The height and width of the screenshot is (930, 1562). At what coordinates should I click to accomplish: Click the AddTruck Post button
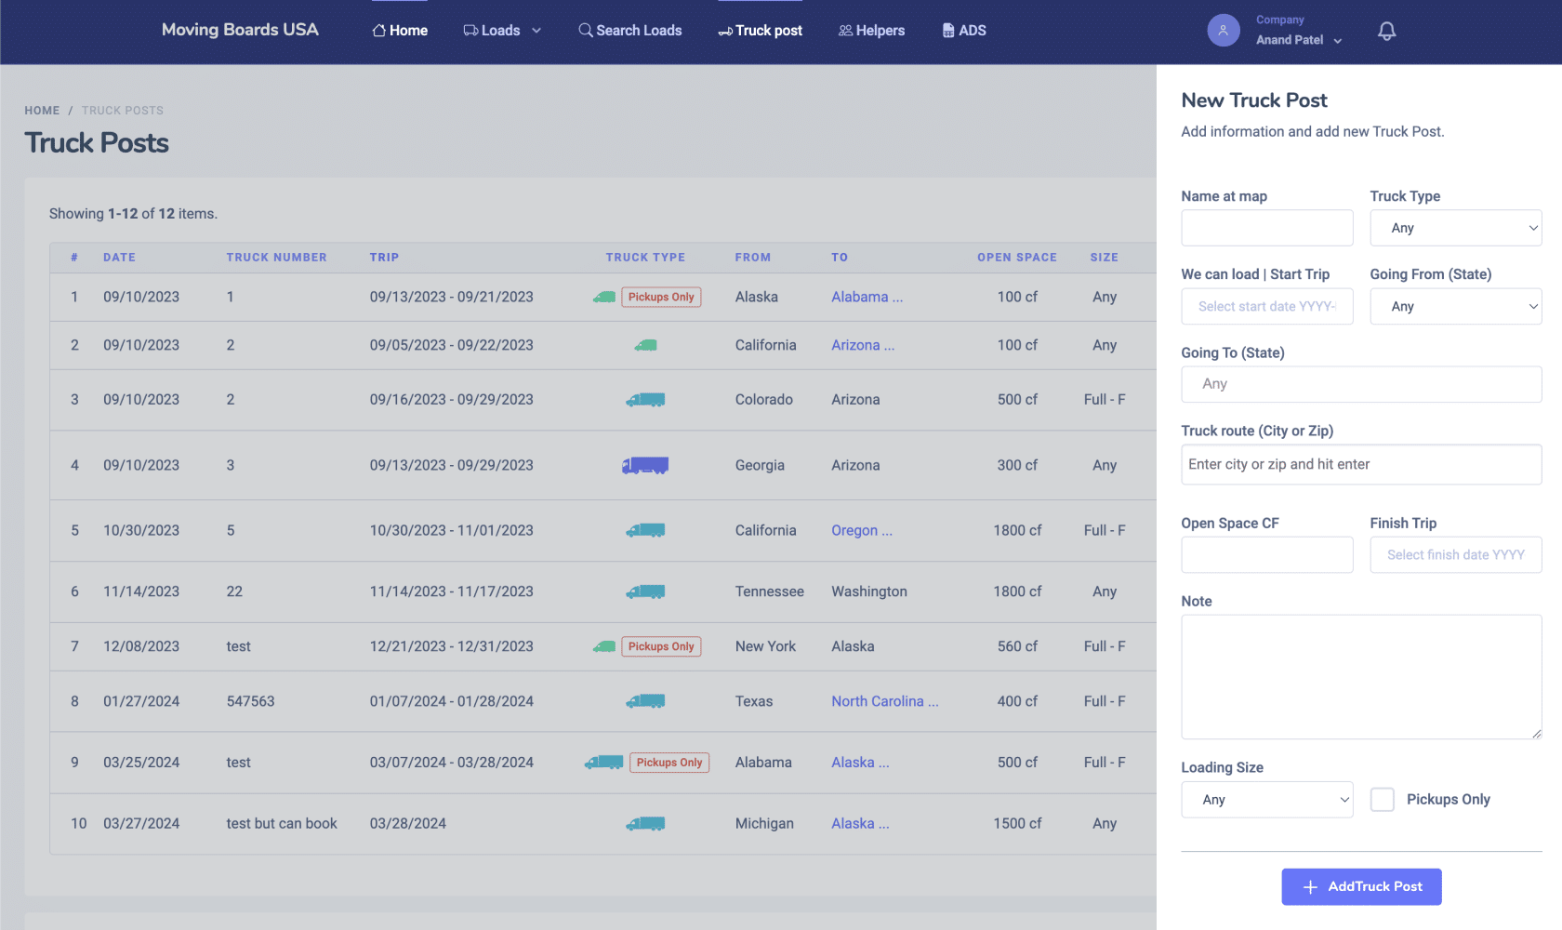1361,886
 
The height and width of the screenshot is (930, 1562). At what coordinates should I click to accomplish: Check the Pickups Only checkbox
1382,799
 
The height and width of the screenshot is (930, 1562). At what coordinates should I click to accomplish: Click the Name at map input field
1267,228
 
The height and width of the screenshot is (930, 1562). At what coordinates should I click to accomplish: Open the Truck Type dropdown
1455,228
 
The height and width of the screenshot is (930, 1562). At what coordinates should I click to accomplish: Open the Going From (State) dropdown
1455,306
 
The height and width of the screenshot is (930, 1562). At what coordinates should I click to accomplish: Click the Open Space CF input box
1267,554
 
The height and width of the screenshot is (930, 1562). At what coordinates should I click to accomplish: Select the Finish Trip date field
1455,554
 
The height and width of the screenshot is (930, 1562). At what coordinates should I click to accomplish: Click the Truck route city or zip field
1361,465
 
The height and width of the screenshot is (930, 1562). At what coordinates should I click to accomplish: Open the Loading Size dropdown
1267,800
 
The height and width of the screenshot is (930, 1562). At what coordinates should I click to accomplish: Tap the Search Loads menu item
629,30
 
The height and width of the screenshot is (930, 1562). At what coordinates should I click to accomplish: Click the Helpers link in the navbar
871,30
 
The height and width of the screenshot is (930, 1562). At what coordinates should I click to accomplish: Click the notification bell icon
1386,31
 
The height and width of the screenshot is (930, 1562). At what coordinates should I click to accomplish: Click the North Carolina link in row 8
884,701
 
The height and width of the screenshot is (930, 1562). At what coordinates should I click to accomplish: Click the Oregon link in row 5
861,530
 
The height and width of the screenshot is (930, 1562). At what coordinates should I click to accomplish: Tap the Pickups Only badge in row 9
668,762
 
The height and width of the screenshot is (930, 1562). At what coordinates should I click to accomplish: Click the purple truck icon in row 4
645,465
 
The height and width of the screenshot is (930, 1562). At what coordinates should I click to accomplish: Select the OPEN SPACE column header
1017,257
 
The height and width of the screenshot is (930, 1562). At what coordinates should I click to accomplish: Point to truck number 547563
250,701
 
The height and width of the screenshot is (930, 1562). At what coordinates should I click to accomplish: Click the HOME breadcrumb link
42,111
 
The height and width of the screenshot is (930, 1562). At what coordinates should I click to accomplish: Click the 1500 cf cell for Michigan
1017,823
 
